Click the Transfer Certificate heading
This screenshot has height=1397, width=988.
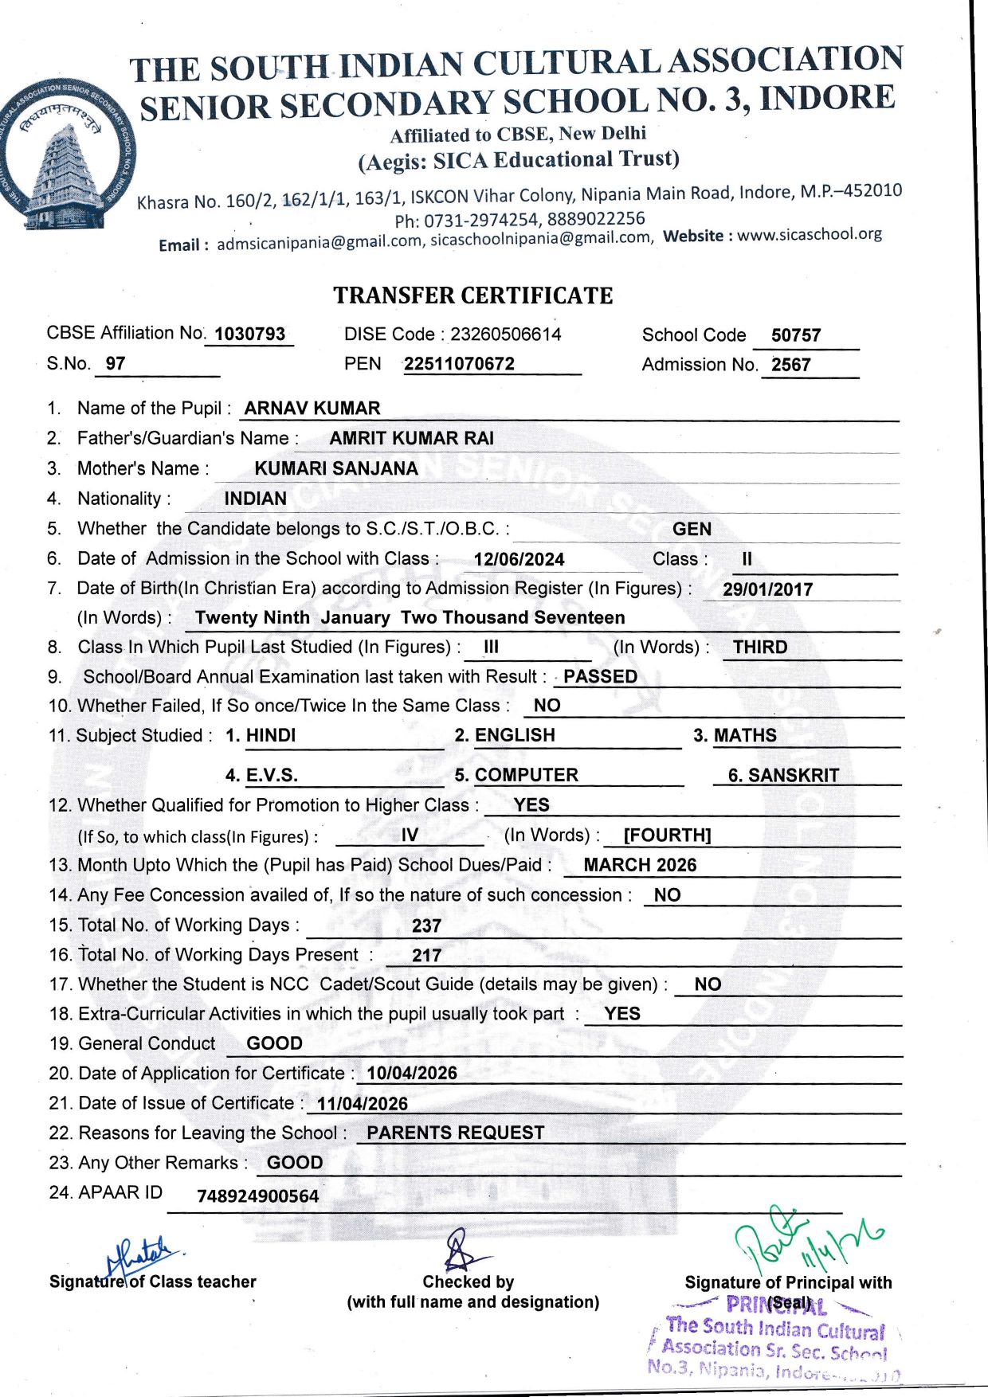pyautogui.click(x=472, y=295)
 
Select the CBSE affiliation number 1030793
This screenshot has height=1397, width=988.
pyautogui.click(x=250, y=335)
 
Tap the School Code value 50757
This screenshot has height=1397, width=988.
pyautogui.click(x=795, y=336)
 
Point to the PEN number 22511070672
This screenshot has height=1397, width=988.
pyautogui.click(x=459, y=365)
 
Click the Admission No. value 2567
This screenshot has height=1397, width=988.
pyautogui.click(x=790, y=366)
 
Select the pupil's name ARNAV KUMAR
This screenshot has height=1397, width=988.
pyautogui.click(x=312, y=409)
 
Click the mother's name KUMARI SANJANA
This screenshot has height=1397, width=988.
pyautogui.click(x=336, y=469)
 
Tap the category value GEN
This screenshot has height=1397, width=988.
pyautogui.click(x=692, y=530)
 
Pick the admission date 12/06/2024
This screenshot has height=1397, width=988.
pyautogui.click(x=519, y=560)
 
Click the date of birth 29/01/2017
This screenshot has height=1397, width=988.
pyautogui.click(x=767, y=590)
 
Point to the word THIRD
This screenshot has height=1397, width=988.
pyautogui.click(x=760, y=648)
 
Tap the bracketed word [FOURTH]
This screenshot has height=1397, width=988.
pyautogui.click(x=667, y=835)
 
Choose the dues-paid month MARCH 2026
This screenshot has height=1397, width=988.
pyautogui.click(x=640, y=866)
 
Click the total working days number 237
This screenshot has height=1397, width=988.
pyautogui.click(x=426, y=926)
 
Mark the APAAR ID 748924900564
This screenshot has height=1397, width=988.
pyautogui.click(x=257, y=1196)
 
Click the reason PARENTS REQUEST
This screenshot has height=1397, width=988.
pyautogui.click(x=455, y=1133)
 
